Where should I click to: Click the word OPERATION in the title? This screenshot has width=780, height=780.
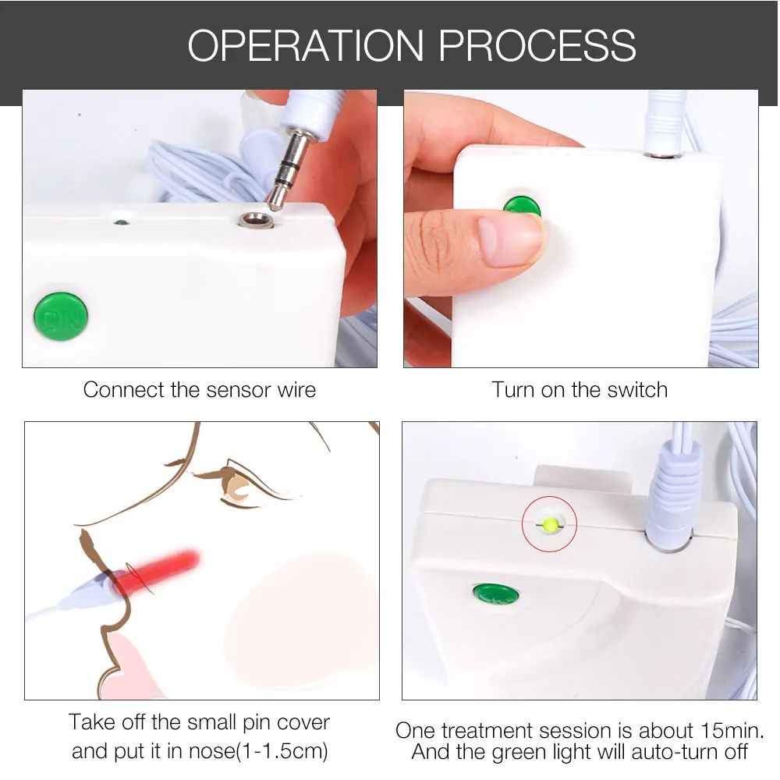click(x=306, y=46)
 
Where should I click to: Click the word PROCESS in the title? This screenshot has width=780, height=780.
click(x=537, y=46)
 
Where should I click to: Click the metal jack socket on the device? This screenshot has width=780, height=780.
click(x=256, y=219)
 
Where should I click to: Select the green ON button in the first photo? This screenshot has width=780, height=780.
click(x=61, y=317)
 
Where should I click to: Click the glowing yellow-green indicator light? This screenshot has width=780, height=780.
click(x=550, y=524)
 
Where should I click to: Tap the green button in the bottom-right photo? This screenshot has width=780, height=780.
click(x=495, y=594)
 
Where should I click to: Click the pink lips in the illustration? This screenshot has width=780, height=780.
click(x=130, y=667)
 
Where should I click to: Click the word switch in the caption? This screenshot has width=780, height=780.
click(x=637, y=390)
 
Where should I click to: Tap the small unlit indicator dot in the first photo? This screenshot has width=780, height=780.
click(x=121, y=222)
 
